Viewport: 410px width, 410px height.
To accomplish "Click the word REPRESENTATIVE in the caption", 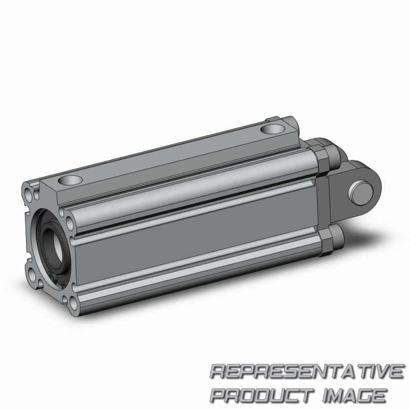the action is click(x=307, y=372).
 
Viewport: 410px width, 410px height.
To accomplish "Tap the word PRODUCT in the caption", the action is click(x=262, y=395).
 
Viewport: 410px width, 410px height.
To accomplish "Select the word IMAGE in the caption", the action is click(x=355, y=395).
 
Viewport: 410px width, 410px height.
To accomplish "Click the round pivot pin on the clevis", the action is click(x=361, y=193).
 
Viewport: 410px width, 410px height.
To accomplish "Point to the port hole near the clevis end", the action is click(x=273, y=129).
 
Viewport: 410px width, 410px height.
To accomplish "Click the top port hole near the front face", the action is click(x=70, y=180).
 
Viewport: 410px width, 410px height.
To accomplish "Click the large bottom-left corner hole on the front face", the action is click(x=32, y=275).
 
